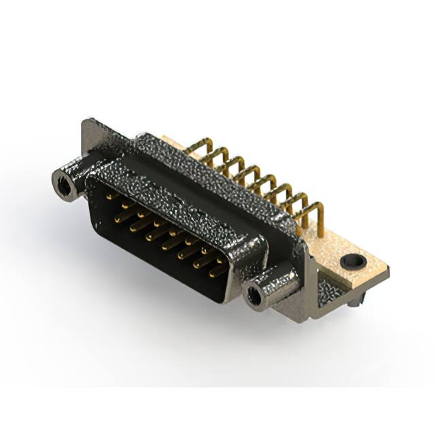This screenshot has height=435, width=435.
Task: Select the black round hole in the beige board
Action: [353, 260]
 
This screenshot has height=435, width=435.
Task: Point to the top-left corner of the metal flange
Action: [86, 123]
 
